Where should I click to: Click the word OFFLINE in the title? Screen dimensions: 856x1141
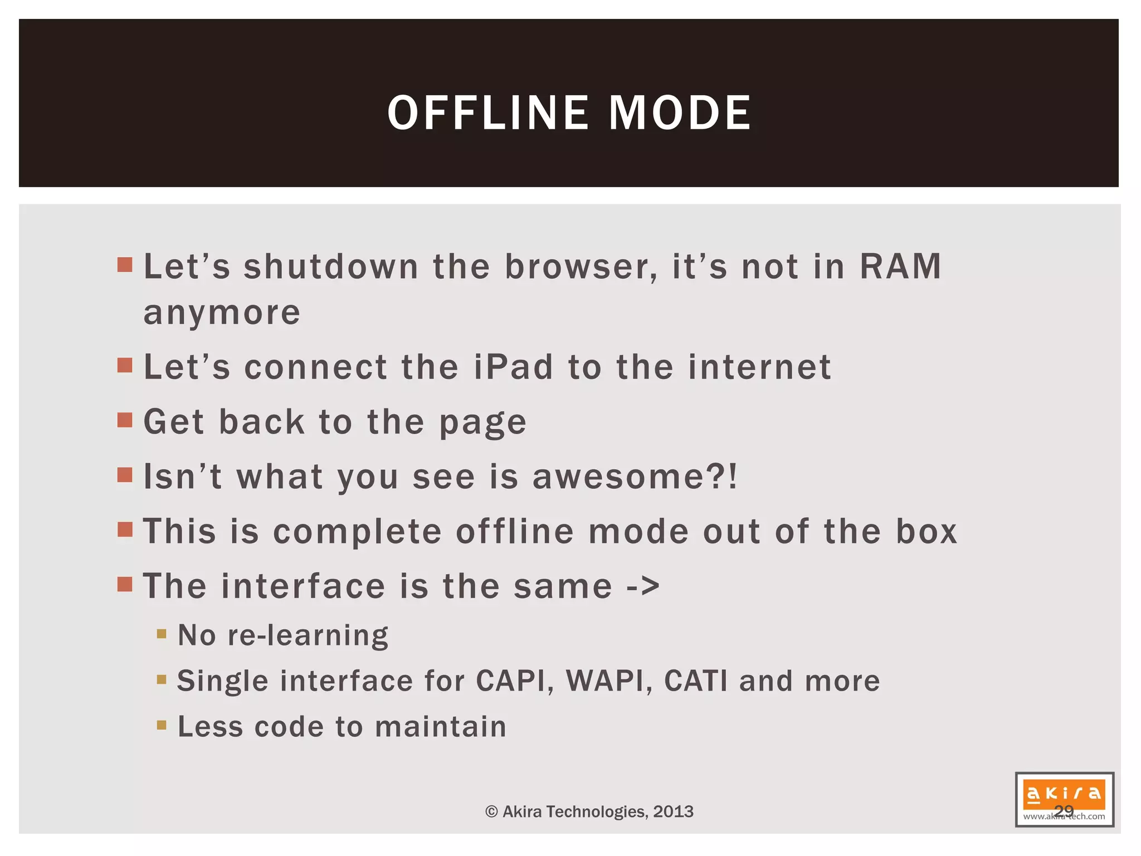(x=487, y=113)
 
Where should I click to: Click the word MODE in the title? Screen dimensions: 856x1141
(x=680, y=113)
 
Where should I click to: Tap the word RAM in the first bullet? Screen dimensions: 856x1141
(x=900, y=266)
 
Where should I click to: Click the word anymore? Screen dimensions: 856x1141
(x=222, y=313)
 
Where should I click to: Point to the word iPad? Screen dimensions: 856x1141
(x=514, y=367)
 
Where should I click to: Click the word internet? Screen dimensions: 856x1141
(x=759, y=367)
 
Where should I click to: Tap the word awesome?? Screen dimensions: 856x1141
(x=635, y=477)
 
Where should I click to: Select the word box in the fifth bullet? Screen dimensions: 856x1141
(x=927, y=531)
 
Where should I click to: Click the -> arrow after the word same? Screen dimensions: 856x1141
(x=643, y=586)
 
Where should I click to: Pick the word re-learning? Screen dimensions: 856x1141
(x=308, y=635)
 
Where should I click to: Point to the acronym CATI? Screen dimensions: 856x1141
(x=696, y=681)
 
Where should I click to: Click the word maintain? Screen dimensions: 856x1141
(x=441, y=727)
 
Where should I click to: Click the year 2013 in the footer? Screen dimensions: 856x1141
(x=674, y=811)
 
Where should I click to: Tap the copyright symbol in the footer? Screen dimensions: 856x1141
(x=491, y=811)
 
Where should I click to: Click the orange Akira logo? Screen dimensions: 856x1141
(x=1064, y=794)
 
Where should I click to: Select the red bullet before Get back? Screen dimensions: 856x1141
(x=125, y=420)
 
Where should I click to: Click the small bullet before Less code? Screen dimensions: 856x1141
(x=162, y=725)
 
